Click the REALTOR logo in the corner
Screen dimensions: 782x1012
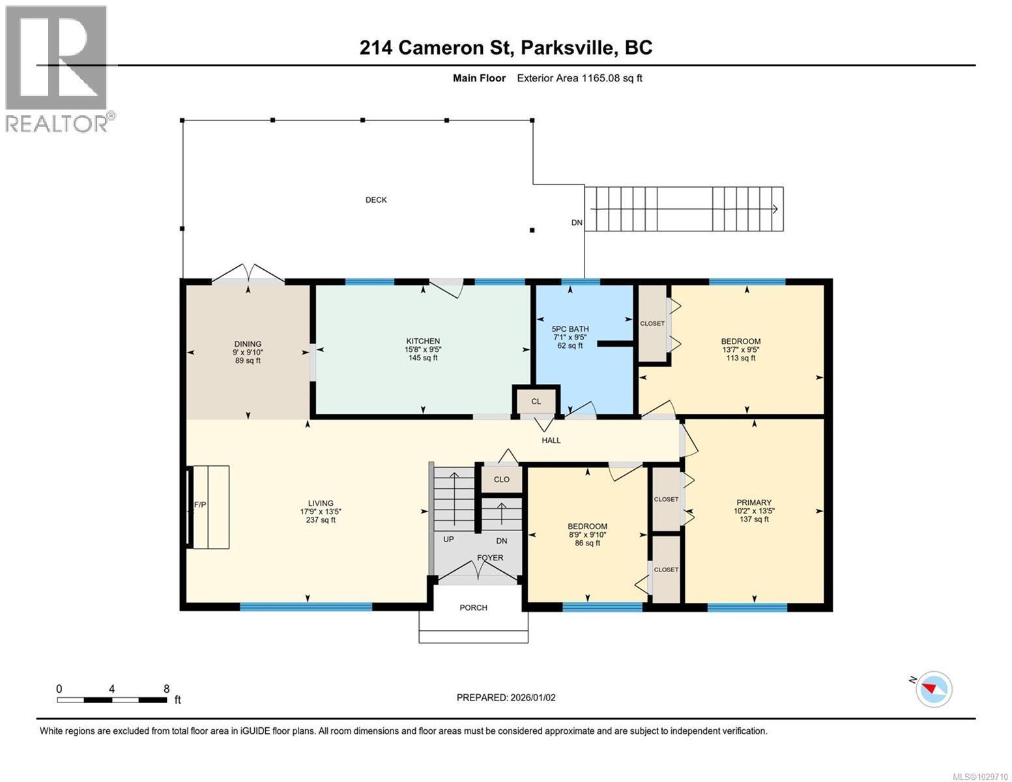pos(57,68)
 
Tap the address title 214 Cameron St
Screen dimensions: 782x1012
pos(506,48)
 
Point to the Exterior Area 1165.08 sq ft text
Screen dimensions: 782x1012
pos(579,78)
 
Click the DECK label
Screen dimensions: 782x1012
pos(376,200)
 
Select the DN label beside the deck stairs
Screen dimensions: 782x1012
pos(577,223)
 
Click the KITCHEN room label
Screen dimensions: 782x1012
pos(423,341)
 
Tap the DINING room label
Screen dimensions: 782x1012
pos(248,344)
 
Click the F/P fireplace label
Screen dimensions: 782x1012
pos(199,505)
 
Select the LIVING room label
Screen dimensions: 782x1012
pos(321,503)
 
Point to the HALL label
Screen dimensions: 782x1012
pos(551,441)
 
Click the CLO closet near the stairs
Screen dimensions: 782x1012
pos(501,480)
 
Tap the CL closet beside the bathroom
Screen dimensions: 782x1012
pos(536,401)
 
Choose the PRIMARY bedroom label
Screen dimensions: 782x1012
pos(754,502)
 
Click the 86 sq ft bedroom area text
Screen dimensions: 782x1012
pos(587,543)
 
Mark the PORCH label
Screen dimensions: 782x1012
pos(473,608)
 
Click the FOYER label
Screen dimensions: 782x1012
pos(489,558)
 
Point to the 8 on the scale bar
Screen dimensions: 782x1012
pos(166,689)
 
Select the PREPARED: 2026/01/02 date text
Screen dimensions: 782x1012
pos(506,697)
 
